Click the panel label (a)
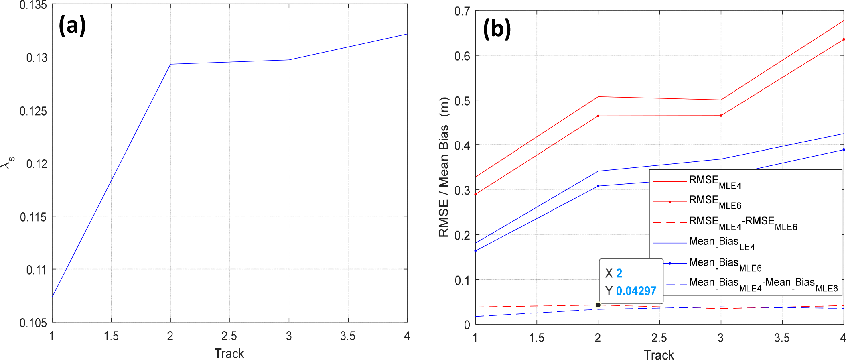[x=72, y=25]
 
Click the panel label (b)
[x=497, y=29]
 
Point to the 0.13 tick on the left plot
[x=37, y=58]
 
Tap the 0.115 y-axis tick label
[x=33, y=217]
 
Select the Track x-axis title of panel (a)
[x=229, y=353]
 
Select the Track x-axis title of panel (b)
[x=659, y=355]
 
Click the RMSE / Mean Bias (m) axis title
[x=444, y=167]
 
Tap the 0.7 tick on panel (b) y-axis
[x=462, y=11]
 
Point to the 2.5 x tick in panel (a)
[x=229, y=336]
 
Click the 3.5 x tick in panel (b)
[x=782, y=338]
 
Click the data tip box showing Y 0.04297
[x=631, y=282]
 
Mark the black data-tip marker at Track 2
[x=598, y=305]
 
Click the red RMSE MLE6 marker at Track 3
[x=721, y=116]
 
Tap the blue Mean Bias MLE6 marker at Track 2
[x=598, y=186]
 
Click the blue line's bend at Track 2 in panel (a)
[x=170, y=64]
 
